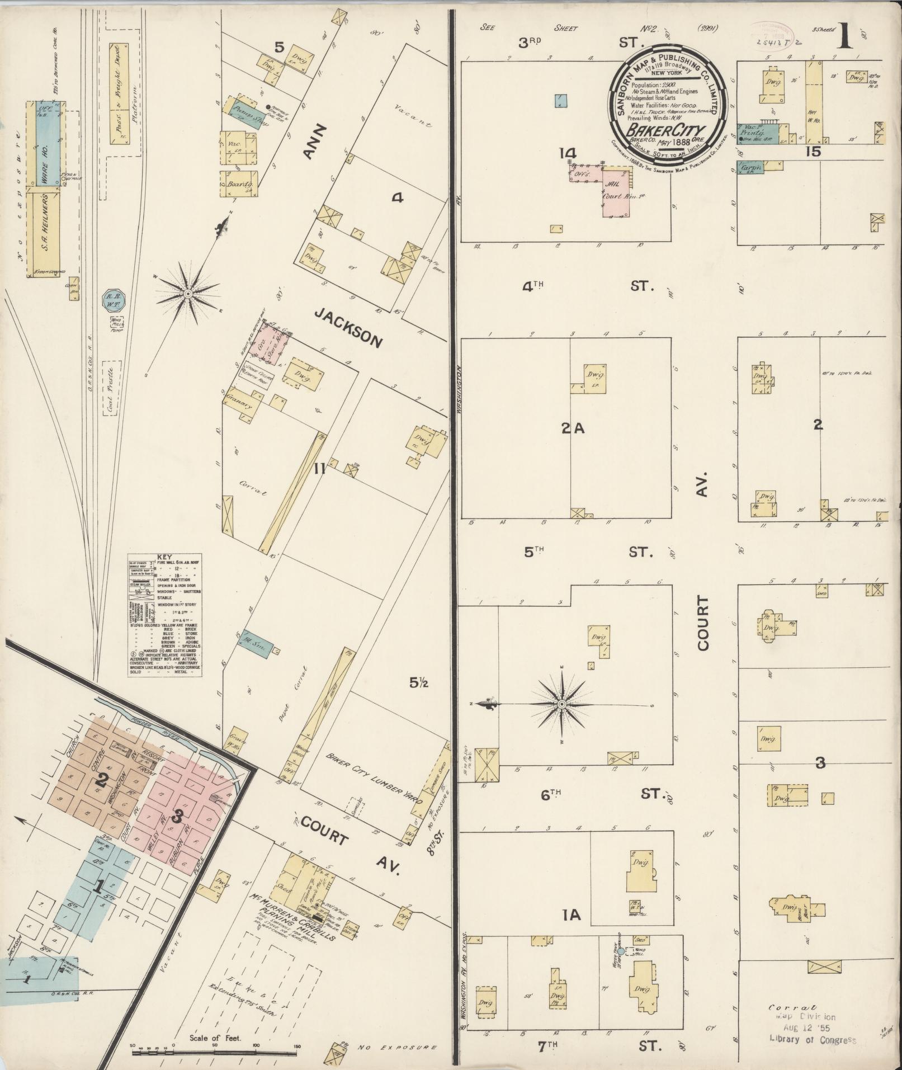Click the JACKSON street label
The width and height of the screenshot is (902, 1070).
[x=348, y=328]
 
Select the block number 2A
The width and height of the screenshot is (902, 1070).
[x=572, y=428]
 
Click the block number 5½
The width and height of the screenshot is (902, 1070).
[x=417, y=682]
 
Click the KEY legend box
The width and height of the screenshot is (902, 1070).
[x=164, y=616]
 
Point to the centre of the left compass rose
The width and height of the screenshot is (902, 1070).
[x=188, y=294]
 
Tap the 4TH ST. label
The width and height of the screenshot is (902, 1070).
[x=587, y=286]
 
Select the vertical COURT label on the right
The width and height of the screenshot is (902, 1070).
[x=702, y=623]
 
